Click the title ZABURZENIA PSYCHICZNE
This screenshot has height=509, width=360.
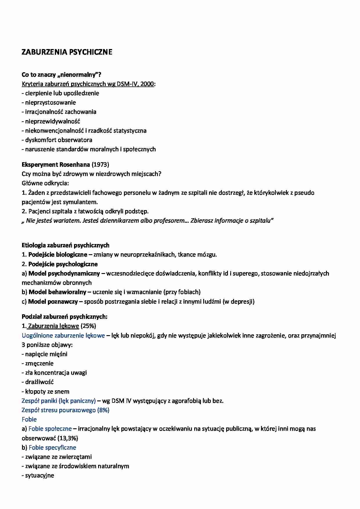coord(67,52)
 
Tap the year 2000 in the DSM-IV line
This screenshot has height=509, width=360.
coord(147,84)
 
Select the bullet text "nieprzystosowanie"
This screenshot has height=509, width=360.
coord(51,102)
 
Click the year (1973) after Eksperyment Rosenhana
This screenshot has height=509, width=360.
coord(100,165)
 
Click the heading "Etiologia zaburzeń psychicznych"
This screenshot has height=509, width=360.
coord(66,245)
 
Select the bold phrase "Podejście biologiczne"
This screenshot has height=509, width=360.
coord(58,255)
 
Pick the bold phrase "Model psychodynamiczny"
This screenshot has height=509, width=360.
coord(64,273)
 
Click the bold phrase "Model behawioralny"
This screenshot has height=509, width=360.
coord(57,292)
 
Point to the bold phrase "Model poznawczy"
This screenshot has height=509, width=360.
coord(53,302)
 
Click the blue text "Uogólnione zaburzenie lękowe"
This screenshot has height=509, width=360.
coord(63,335)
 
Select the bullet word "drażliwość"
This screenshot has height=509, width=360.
coord(39,382)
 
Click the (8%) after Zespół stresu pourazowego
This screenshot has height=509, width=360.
coord(103,410)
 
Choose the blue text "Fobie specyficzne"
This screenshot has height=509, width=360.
coord(53,447)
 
